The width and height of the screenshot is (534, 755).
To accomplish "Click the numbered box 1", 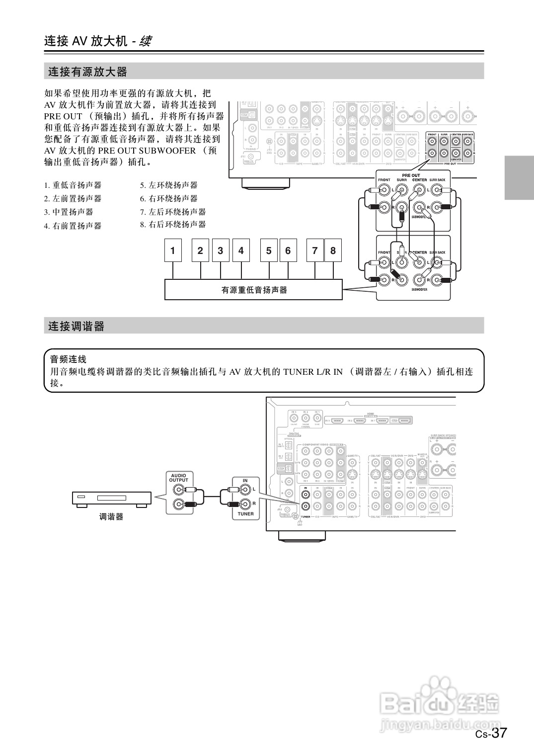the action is click(173, 251).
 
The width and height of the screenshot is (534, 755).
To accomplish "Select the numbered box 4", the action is click(241, 251).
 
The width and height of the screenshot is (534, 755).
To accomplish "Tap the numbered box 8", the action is click(333, 251).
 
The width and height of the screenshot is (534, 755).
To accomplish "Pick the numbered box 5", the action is click(269, 251).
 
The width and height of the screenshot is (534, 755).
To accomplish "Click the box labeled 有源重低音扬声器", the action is click(253, 290).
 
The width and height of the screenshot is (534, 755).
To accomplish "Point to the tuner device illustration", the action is click(111, 499).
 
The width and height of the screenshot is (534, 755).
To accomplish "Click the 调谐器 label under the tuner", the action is click(111, 517).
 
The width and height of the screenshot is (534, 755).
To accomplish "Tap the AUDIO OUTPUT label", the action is click(178, 478).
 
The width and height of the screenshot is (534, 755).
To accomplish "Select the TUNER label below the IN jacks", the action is click(245, 514).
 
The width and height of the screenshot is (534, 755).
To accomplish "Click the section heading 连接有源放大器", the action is click(87, 72).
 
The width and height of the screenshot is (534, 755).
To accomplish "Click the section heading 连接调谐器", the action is click(76, 327).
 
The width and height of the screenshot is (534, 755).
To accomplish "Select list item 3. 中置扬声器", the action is click(73, 212).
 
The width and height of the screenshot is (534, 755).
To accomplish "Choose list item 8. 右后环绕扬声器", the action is click(173, 225).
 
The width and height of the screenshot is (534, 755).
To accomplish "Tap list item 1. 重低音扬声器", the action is click(73, 185).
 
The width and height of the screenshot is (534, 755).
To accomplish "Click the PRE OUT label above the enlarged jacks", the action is click(411, 175).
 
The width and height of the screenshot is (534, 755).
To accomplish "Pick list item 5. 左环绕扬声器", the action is click(169, 185).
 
